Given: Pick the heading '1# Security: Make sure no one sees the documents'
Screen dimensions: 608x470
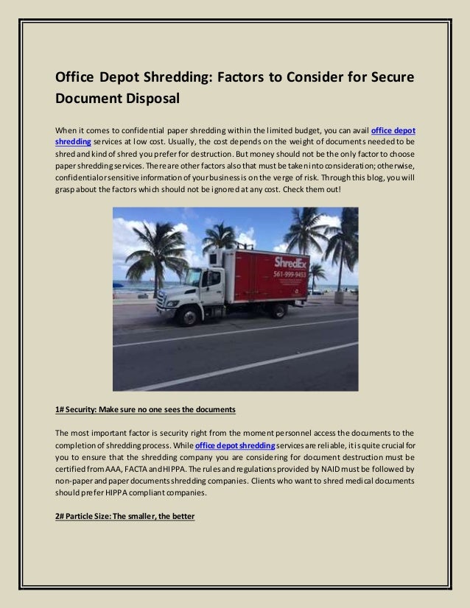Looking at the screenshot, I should pos(145,409).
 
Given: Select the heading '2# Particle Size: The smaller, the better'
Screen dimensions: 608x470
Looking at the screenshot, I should pos(124,516).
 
